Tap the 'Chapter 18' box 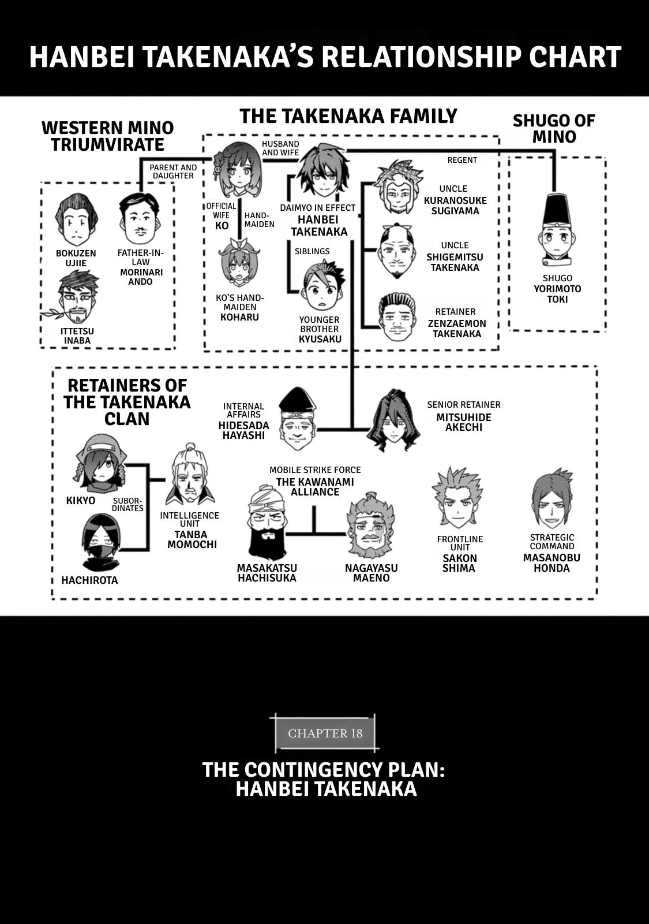click(x=325, y=733)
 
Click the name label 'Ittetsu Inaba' click(x=77, y=336)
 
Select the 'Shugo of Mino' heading click(x=554, y=129)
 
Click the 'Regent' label click(x=462, y=160)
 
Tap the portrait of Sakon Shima click(x=457, y=499)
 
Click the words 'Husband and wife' click(x=280, y=148)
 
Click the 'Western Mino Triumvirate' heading click(x=107, y=136)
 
